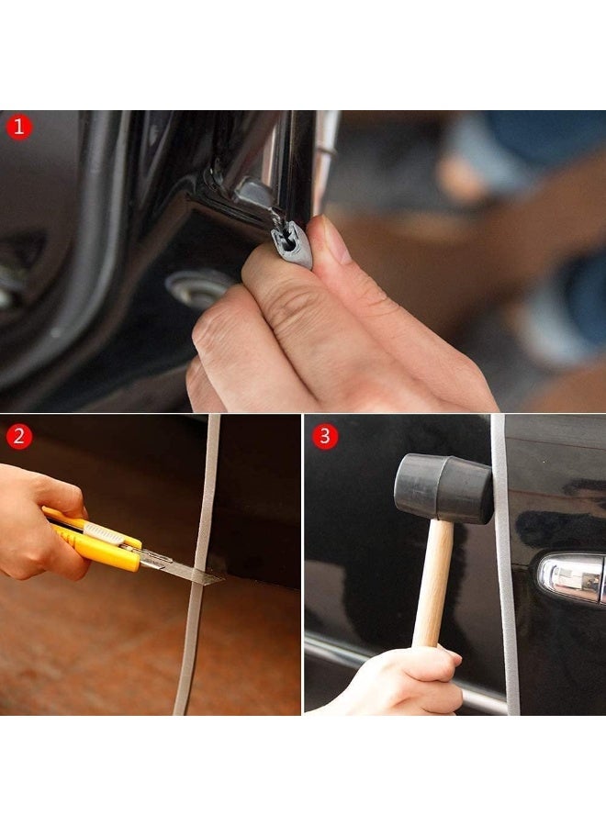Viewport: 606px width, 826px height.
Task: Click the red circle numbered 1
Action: coord(19,127)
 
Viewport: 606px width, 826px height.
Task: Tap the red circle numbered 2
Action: coord(19,437)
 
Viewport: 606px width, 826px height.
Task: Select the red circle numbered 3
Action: coord(325,436)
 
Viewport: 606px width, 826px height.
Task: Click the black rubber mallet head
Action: coord(443,488)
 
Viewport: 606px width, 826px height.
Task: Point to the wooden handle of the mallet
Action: coord(432,585)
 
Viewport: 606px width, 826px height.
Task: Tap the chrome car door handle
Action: coord(571,577)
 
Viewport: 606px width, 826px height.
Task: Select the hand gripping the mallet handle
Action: coord(409,682)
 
